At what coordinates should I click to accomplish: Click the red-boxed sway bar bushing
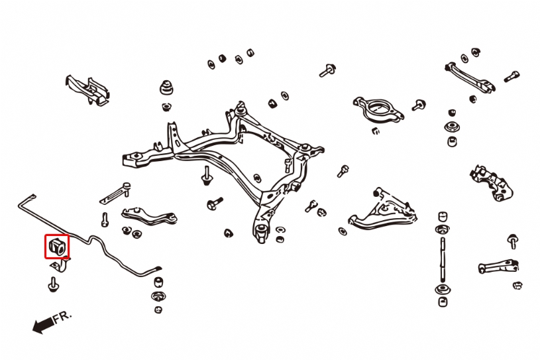point(57,246)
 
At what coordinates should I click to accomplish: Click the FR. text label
point(63,316)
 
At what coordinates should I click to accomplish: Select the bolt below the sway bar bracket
point(53,284)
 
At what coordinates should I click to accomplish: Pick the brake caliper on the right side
point(492,182)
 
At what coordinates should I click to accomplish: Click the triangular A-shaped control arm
point(382,211)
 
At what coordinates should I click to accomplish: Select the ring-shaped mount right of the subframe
point(378,109)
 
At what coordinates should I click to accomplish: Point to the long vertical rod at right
point(443,260)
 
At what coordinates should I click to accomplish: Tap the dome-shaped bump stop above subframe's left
point(166,88)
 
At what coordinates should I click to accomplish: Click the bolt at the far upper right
point(512,76)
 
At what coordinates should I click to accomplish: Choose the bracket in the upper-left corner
point(88,90)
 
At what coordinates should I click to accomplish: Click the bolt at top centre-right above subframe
point(327,70)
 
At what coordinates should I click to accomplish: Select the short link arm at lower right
point(498,267)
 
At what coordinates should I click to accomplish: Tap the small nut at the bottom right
point(517,285)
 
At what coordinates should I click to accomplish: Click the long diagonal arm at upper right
point(469,78)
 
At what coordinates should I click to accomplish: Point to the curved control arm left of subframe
point(149,216)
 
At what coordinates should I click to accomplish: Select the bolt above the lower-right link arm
point(512,241)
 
